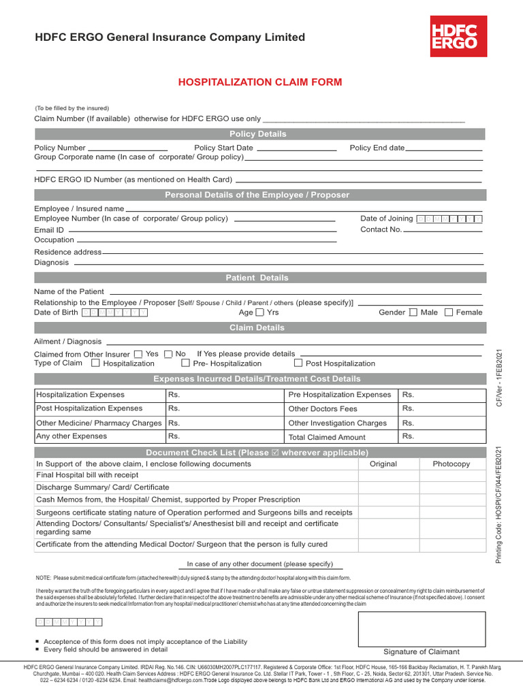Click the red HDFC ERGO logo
coord(458,37)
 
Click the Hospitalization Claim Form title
coord(260,82)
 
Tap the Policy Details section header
coord(259,134)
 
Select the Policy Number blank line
coord(128,148)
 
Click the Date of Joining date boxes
coord(449,218)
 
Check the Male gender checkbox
coord(413,312)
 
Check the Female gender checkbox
coord(448,312)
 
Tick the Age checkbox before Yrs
coord(259,312)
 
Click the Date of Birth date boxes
coord(114,312)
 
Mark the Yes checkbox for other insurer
coord(138,354)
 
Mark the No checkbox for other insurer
coord(168,354)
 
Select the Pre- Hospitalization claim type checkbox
coord(185,363)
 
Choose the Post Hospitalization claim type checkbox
coord(298,363)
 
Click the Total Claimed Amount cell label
coord(327,438)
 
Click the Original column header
coord(383,464)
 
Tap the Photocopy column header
coord(451,464)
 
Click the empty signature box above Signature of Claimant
coord(422,629)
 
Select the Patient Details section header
coord(259,278)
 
